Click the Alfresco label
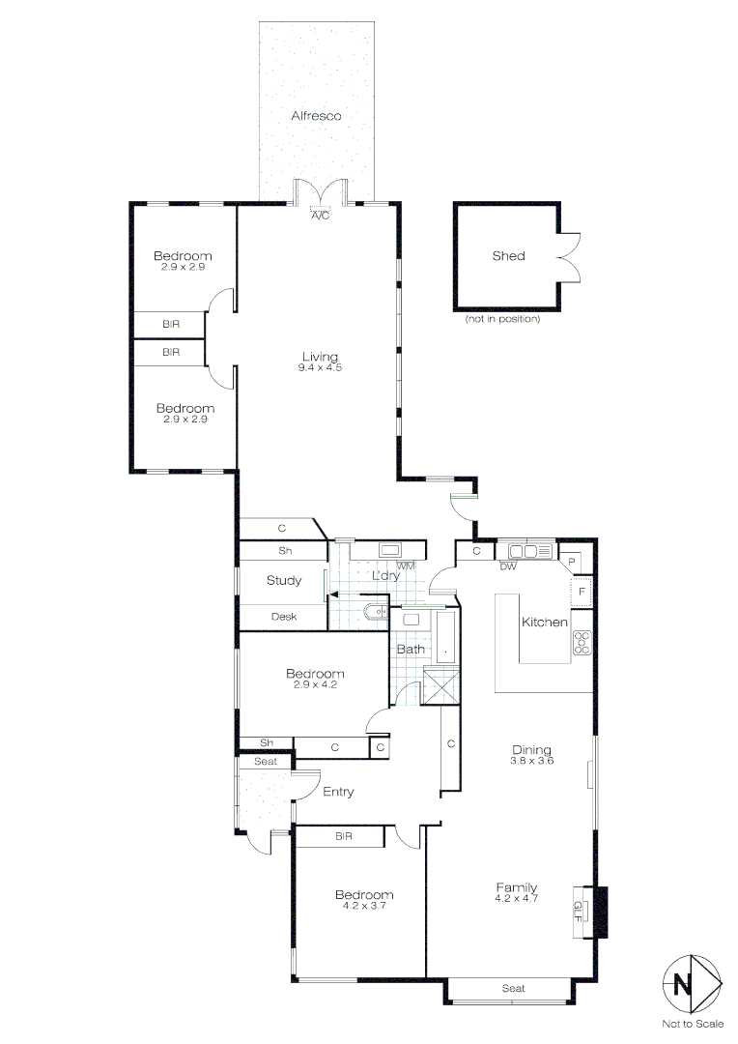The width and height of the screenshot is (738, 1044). tap(317, 116)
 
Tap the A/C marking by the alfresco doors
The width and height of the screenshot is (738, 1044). tap(320, 216)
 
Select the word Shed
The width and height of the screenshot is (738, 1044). tap(508, 256)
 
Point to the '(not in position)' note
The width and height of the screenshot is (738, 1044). tap(501, 319)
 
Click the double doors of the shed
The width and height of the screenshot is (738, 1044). tap(568, 257)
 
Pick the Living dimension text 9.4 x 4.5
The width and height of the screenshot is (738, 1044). tap(321, 368)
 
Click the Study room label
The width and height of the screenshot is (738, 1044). tap(284, 581)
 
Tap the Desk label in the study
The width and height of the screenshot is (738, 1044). tap(283, 617)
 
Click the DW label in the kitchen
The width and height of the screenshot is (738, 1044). tap(508, 566)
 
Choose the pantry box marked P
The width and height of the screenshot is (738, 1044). tap(573, 562)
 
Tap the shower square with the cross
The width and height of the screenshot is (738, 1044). tap(442, 685)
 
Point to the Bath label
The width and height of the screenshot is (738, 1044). tap(411, 650)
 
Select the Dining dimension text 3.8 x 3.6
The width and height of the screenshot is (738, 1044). tap(531, 761)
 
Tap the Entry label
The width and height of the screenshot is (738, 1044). tap(338, 792)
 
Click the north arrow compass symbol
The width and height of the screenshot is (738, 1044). tap(693, 985)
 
